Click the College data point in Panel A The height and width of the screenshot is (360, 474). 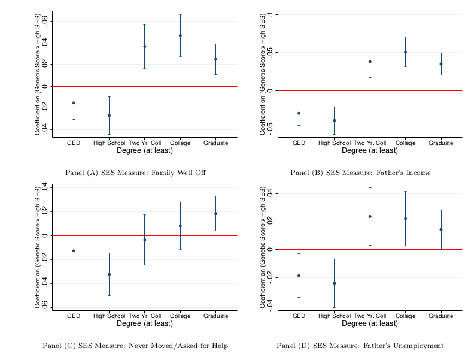click(x=180, y=35)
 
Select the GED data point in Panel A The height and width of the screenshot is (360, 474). click(x=74, y=103)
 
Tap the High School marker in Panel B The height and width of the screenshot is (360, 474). click(x=335, y=120)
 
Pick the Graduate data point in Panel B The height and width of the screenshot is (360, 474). click(x=441, y=64)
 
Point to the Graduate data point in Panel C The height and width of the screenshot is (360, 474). click(x=215, y=214)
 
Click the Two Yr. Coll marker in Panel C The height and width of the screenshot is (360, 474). click(x=144, y=240)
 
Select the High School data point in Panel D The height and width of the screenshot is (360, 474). click(x=335, y=283)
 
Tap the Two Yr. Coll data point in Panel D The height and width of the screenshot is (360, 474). click(x=370, y=216)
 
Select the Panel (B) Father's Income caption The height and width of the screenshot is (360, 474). click(x=360, y=173)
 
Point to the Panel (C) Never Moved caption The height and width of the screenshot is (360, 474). click(x=135, y=346)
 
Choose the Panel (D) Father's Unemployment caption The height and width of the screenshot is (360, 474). click(x=360, y=346)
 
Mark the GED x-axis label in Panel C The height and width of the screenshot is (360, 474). click(x=74, y=316)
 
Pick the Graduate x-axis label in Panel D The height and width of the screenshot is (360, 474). click(x=441, y=316)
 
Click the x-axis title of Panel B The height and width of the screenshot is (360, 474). click(x=370, y=151)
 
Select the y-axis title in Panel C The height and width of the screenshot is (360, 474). click(x=38, y=247)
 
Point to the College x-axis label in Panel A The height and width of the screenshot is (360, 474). click(x=180, y=143)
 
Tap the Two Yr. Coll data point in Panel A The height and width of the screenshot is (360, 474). click(x=144, y=46)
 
